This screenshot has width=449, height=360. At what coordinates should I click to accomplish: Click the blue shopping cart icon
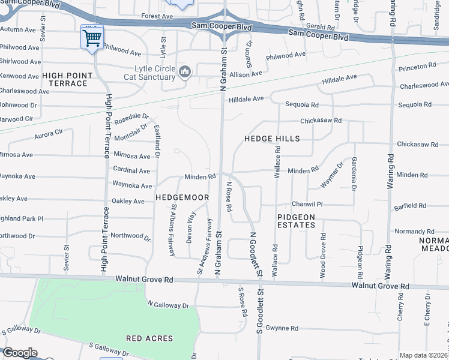(x=92, y=38)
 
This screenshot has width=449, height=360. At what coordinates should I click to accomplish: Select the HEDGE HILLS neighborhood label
(x=271, y=139)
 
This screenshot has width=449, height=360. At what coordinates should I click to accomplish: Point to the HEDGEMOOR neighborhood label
(x=182, y=197)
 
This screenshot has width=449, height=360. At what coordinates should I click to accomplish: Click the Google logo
(x=20, y=353)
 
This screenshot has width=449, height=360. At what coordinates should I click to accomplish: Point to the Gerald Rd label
(x=320, y=28)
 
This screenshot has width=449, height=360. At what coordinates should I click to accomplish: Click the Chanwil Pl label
(x=307, y=205)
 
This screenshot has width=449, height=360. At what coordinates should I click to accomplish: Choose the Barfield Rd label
(x=411, y=206)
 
